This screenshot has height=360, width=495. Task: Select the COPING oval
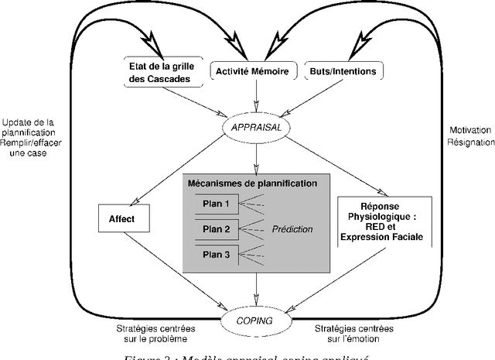click(x=255, y=318)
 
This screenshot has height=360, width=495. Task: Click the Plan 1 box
click(x=217, y=204)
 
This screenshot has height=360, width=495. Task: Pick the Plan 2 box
click(x=217, y=229)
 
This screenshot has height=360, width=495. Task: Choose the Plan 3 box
click(x=217, y=254)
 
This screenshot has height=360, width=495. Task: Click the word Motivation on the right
click(x=469, y=131)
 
